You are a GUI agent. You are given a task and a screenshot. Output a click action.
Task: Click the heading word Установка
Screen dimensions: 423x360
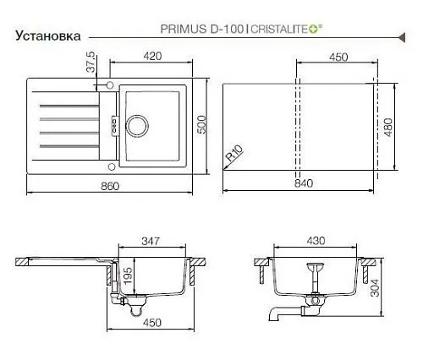48,35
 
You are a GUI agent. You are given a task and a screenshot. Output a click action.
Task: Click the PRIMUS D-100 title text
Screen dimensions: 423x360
201,29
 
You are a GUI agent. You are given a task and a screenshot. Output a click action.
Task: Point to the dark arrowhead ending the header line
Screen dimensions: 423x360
402,37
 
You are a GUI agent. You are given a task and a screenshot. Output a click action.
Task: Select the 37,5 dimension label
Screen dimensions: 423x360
91,63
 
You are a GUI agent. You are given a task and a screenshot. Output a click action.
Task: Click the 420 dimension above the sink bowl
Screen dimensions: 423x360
152,56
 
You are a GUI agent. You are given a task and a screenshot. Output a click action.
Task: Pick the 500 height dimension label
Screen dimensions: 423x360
201,125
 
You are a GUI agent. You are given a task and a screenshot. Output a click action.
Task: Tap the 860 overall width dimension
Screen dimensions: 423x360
110,186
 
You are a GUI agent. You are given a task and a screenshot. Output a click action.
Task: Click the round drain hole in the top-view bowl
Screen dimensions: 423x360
137,126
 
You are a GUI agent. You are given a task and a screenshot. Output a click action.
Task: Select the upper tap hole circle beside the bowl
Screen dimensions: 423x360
110,85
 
